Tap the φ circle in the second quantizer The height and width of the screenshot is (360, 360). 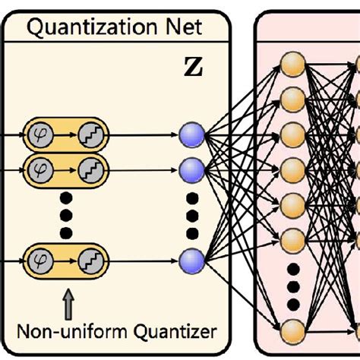click(x=38, y=166)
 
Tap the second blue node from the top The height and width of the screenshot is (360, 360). click(x=191, y=166)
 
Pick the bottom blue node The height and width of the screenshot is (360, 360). click(x=191, y=260)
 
